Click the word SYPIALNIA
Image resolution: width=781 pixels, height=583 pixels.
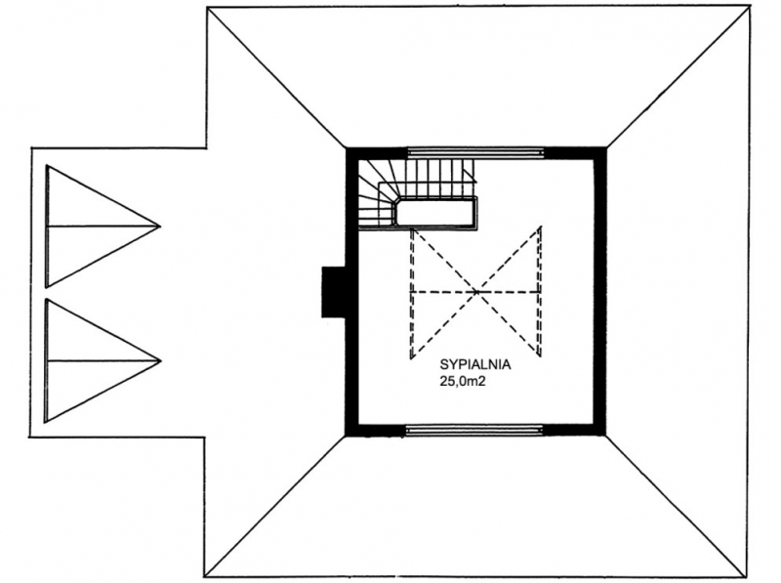[x=475, y=365]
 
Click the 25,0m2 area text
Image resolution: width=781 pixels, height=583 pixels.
[x=462, y=381]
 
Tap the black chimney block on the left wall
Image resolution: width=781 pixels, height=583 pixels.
[x=334, y=292]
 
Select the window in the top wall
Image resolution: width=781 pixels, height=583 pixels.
[x=475, y=152]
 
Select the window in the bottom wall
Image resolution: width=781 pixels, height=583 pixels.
[x=474, y=429]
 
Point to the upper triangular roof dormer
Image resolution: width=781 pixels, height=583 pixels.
[x=103, y=227]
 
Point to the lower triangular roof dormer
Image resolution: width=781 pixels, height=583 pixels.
[x=103, y=360]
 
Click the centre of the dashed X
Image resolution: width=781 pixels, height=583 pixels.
[x=476, y=291]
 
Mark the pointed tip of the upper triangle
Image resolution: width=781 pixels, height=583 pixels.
[x=160, y=227]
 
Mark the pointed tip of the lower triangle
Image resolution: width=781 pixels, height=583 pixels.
[x=161, y=360]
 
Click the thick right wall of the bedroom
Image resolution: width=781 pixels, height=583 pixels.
[x=599, y=292]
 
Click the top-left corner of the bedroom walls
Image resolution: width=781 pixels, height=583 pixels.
[x=347, y=148]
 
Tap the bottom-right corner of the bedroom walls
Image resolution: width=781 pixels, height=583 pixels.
[x=606, y=436]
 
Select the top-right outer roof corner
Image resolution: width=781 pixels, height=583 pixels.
[x=750, y=6]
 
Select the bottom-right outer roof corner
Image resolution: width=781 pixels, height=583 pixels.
[x=751, y=578]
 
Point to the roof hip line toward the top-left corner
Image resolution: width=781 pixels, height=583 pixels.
[x=277, y=77]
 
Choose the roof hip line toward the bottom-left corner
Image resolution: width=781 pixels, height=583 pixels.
[x=275, y=507]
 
